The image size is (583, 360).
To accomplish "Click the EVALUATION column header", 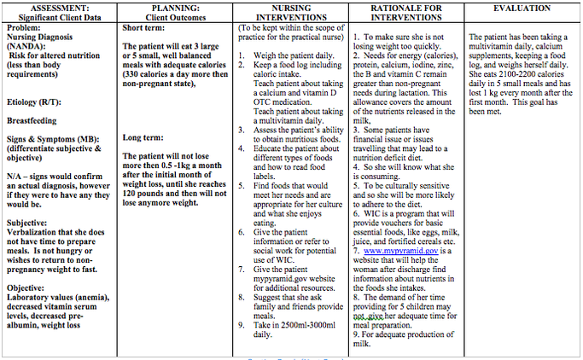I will coord(521,8).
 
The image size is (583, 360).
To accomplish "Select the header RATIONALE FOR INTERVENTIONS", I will coord(404,13).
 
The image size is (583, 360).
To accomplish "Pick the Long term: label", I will coord(141,136).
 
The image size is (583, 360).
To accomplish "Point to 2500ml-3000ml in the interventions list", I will coord(284,325).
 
